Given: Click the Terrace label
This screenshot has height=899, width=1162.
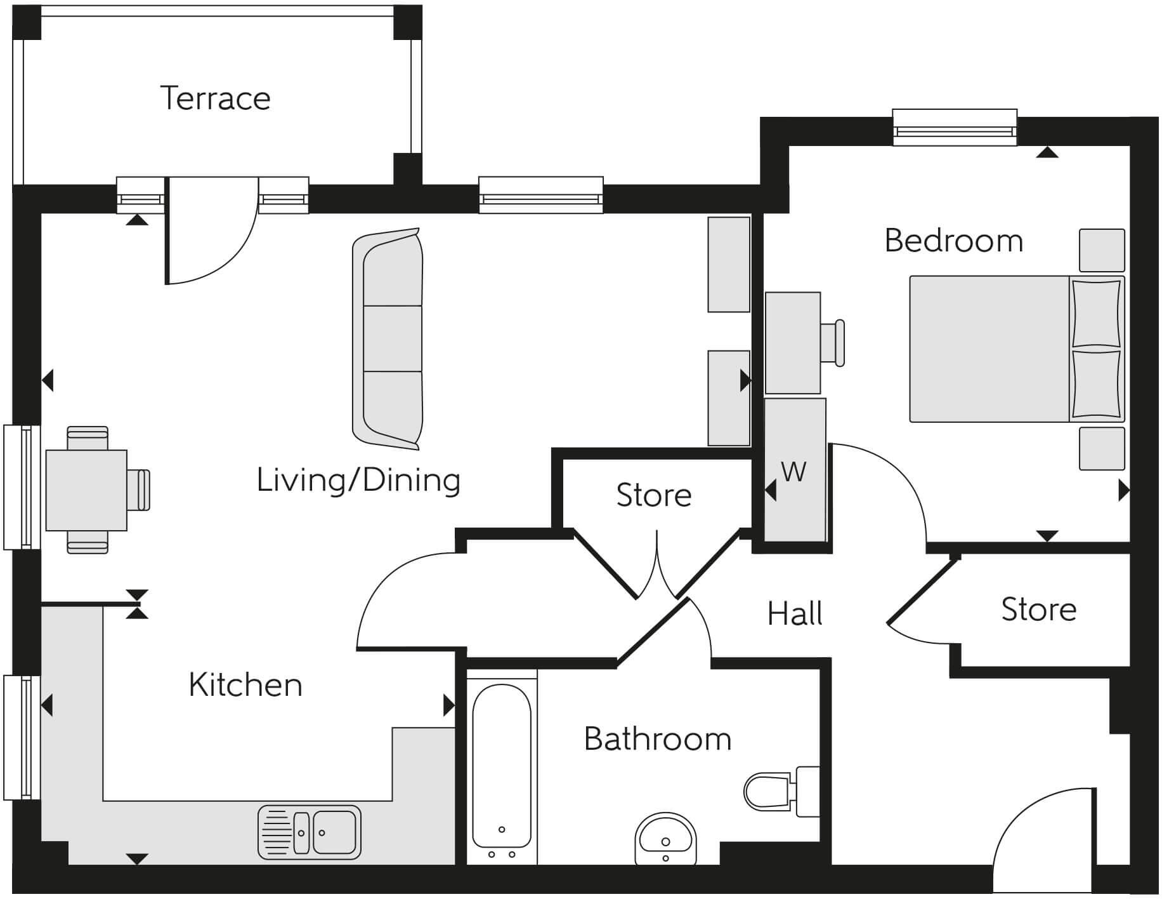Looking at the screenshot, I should click(x=215, y=98).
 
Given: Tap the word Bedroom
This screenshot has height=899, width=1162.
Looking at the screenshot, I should click(x=953, y=241).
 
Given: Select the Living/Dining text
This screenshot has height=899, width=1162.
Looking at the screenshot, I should click(x=358, y=480).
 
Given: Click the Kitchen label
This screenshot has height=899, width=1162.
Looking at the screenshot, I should click(x=245, y=685).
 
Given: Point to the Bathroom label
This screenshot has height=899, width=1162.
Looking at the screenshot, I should click(x=657, y=739).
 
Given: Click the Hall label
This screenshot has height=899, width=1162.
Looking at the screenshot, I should click(x=795, y=614).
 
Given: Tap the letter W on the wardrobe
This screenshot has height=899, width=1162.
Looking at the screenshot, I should click(x=793, y=472).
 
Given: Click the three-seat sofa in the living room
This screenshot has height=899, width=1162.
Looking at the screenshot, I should click(x=388, y=339).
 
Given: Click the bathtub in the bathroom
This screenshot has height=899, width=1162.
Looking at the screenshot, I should click(x=502, y=766).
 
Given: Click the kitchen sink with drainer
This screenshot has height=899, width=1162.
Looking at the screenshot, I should click(x=310, y=832).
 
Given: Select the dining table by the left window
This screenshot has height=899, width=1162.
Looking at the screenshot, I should click(x=87, y=490).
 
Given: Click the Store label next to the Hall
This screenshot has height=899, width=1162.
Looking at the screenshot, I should click(x=1038, y=609).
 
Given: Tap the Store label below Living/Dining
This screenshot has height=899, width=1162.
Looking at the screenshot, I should click(x=653, y=495).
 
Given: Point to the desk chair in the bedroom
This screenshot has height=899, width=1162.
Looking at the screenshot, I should click(x=833, y=343).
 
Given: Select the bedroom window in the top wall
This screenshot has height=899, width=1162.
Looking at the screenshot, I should click(x=954, y=130).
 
